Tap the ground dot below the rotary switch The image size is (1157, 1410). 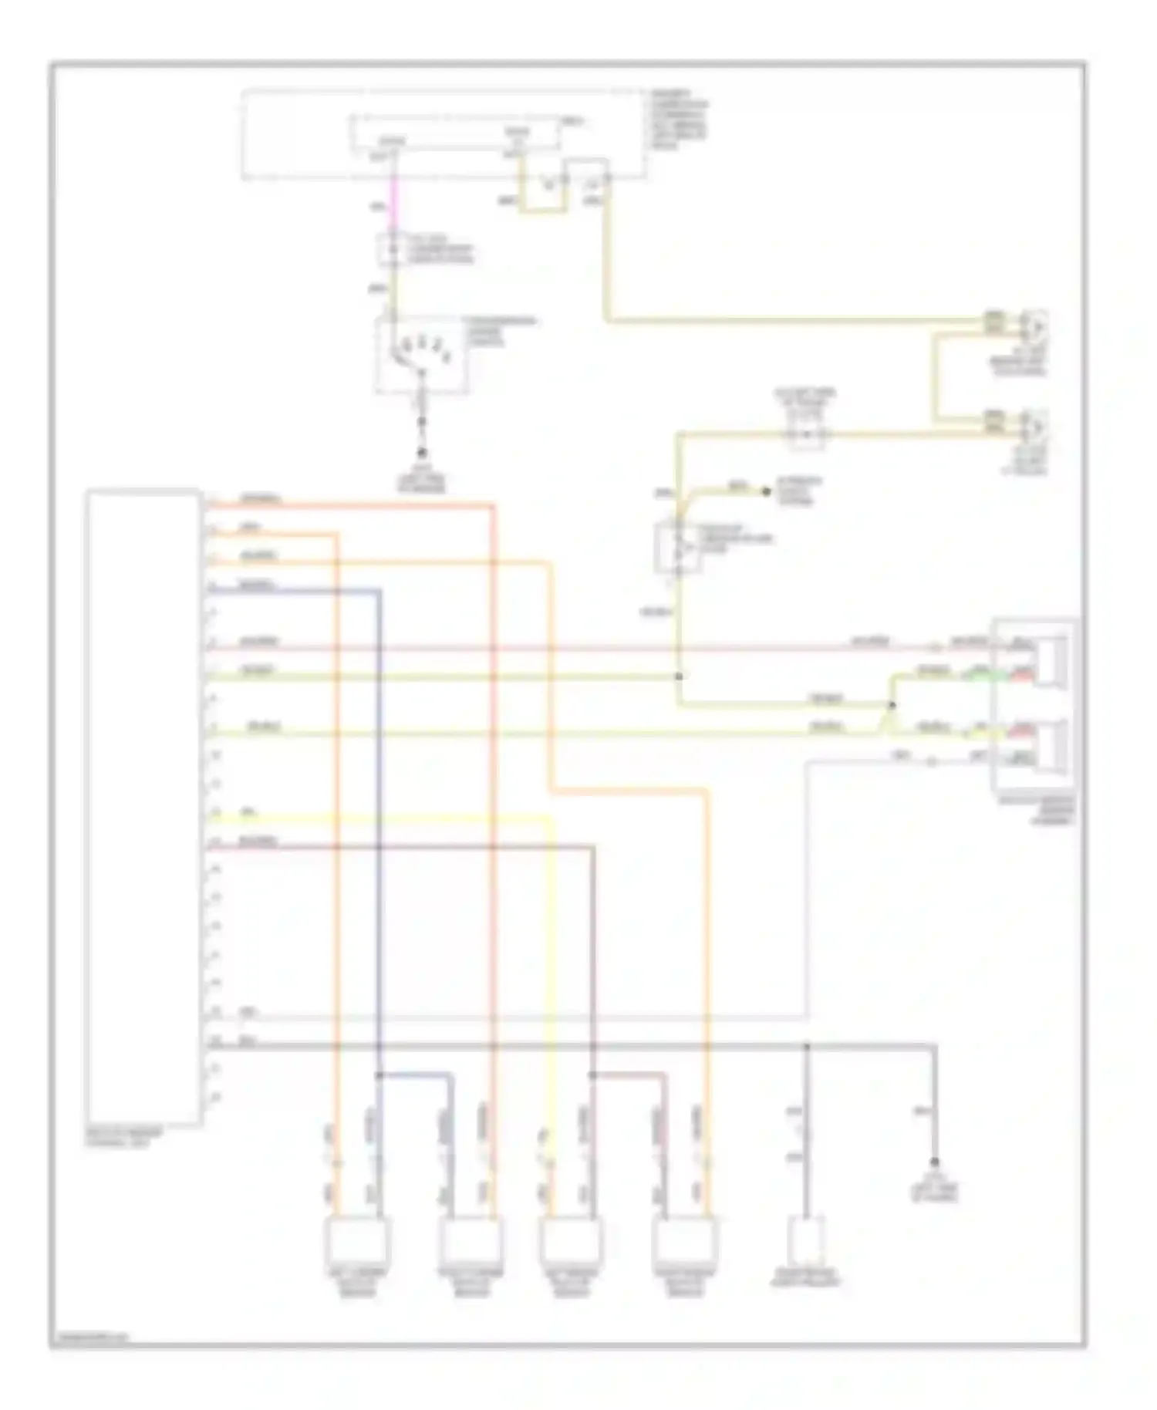[422, 454]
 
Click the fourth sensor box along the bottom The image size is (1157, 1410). [682, 1242]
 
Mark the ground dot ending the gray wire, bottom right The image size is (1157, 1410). [935, 1162]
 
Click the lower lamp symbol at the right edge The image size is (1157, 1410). [1034, 424]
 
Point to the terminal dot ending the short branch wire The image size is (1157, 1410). [766, 491]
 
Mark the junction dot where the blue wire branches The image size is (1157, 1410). [379, 1074]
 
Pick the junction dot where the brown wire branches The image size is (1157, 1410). [592, 1074]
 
